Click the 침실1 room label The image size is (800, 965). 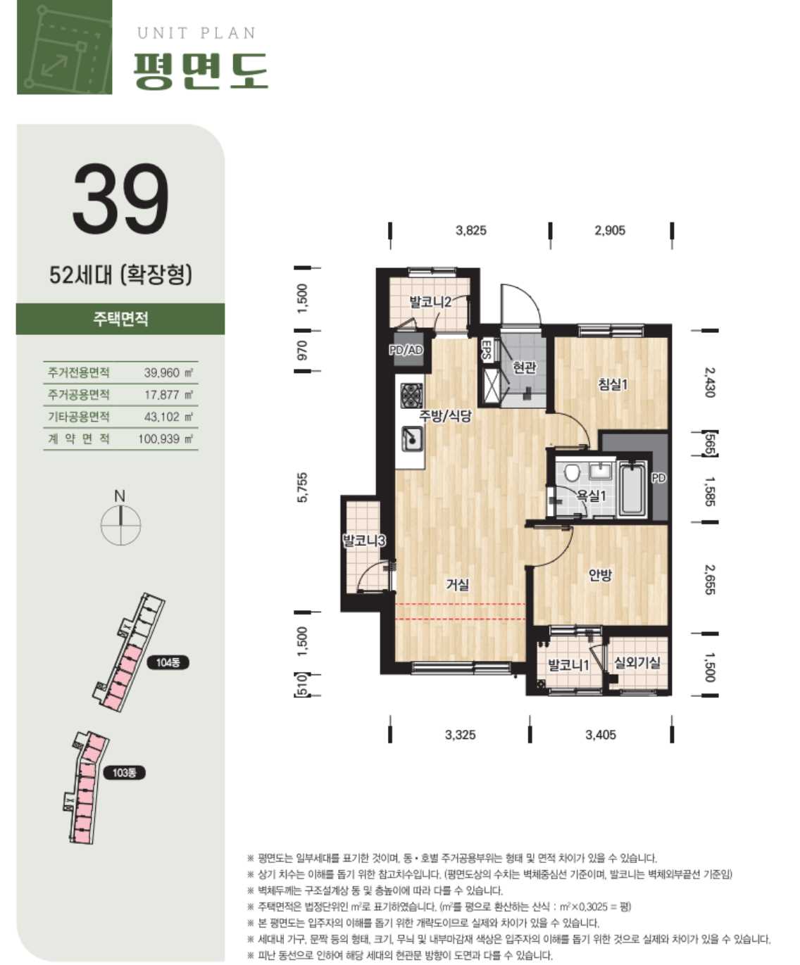coord(613,384)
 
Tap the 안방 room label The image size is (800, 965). coord(600,575)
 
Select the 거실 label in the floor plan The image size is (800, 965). coord(457,585)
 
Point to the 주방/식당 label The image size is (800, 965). coord(445,415)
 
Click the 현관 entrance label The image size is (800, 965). coord(524,367)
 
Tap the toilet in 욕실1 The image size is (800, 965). coord(572,473)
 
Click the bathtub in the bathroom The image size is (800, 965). coord(632,489)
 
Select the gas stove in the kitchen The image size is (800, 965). coord(411,396)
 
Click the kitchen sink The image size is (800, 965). coord(411,439)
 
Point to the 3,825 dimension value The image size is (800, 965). coord(470,230)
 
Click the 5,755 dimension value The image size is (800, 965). coord(301,487)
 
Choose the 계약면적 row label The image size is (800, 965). coord(79,439)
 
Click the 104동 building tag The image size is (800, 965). coord(168,662)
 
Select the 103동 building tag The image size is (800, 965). coord(124,772)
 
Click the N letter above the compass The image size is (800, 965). coord(119,496)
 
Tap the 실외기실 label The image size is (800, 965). coord(637,662)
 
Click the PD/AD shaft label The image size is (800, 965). coord(406,350)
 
